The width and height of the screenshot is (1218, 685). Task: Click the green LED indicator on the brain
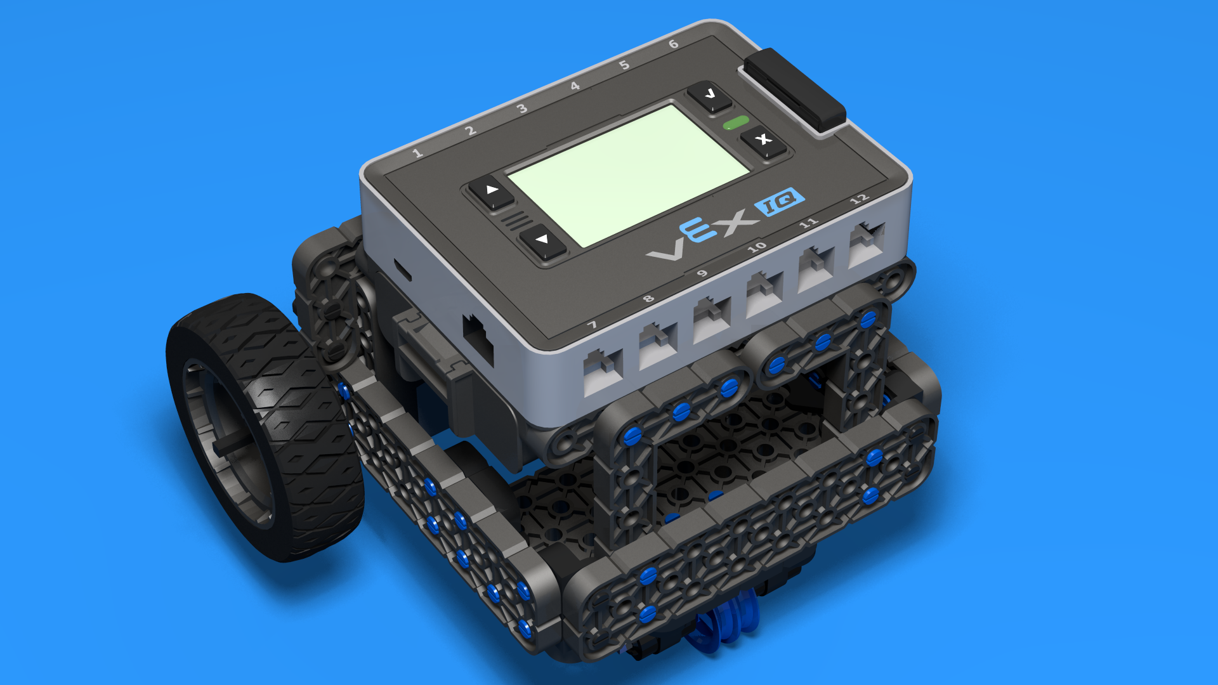737,122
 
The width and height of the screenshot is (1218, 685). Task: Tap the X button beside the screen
764,140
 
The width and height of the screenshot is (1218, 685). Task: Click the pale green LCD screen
628,174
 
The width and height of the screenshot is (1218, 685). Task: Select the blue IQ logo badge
780,202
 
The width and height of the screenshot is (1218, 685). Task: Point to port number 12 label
859,199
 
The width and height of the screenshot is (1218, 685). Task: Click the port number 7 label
592,325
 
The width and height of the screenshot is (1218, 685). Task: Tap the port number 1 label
417,153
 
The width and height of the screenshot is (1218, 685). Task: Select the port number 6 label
674,44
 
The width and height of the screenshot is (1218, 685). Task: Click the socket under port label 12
867,244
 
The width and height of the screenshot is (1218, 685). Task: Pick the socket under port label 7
603,371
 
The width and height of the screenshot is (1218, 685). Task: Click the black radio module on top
795,89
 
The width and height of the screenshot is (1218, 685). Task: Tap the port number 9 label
701,274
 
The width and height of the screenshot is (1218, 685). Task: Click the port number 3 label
522,109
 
